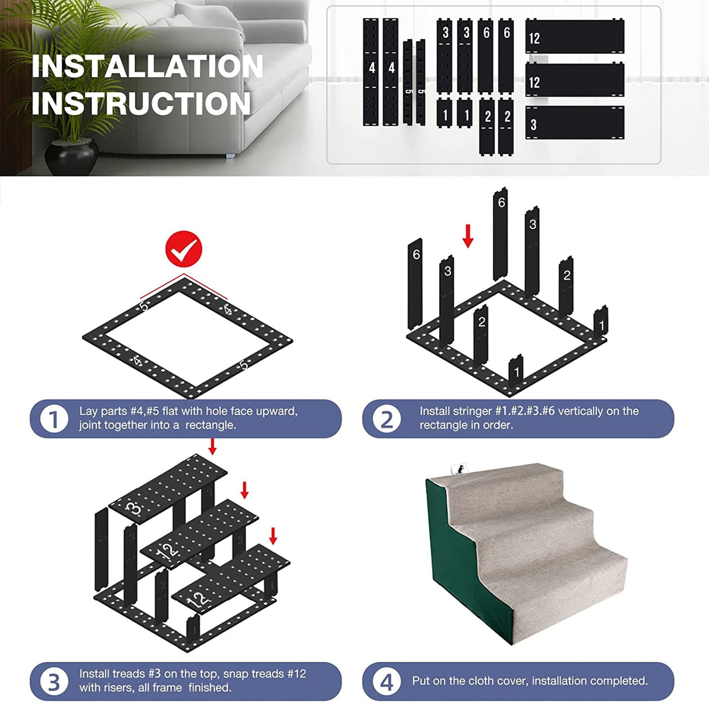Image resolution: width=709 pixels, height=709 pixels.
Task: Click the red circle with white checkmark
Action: click(x=184, y=249)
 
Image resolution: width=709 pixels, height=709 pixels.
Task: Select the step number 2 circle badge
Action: click(x=387, y=419)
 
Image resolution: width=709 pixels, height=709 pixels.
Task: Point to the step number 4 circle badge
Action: click(x=387, y=681)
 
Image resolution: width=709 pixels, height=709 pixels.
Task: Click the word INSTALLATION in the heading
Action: click(x=147, y=66)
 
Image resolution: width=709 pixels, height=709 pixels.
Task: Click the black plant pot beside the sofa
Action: click(x=71, y=156)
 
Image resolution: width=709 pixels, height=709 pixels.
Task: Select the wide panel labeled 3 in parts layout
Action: click(x=575, y=123)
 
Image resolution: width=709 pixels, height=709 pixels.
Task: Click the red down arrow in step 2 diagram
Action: click(x=467, y=236)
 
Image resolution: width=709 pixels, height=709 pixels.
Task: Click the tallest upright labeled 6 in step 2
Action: click(x=500, y=234)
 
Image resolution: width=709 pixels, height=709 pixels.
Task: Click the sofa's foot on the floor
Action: click(x=231, y=156)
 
